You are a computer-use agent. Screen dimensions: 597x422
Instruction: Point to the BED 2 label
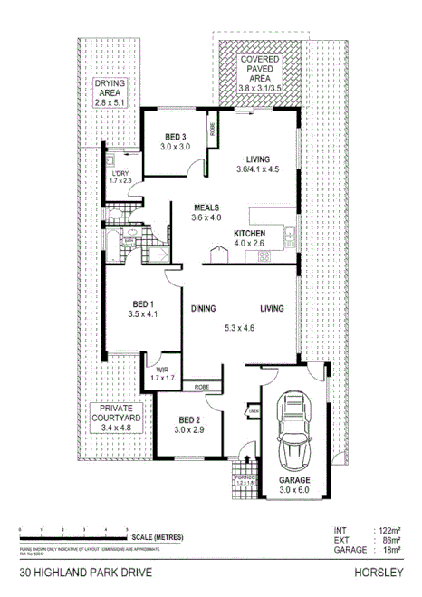(x=188, y=420)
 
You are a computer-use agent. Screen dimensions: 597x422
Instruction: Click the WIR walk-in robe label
(x=163, y=370)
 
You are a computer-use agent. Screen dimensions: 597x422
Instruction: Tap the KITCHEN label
(x=249, y=232)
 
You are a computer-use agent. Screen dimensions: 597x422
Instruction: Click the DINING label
(x=203, y=309)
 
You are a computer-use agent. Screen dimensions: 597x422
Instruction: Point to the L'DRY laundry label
(x=120, y=176)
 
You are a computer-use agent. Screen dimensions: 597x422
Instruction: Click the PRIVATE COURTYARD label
(x=115, y=414)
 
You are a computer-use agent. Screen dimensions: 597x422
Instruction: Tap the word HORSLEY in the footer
(x=380, y=573)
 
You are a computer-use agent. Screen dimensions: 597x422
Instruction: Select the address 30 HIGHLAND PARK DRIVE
(x=79, y=573)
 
